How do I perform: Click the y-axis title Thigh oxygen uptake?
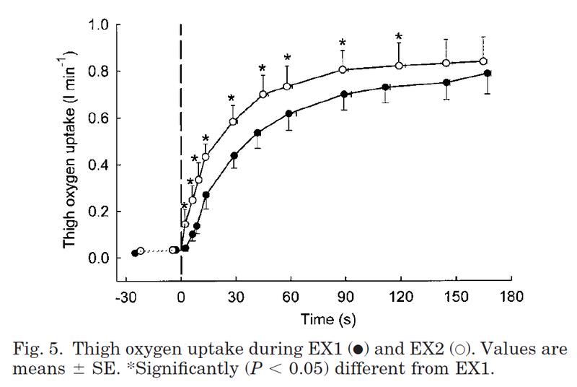(x=69, y=153)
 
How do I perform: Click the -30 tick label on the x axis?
(x=126, y=297)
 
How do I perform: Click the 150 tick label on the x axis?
(x=456, y=297)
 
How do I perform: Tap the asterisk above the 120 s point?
(x=398, y=38)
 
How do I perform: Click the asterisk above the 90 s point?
(x=343, y=43)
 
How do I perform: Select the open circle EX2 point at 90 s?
(x=343, y=70)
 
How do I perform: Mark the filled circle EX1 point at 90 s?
(x=344, y=95)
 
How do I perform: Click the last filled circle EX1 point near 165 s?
(x=488, y=73)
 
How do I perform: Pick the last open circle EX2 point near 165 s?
(x=483, y=61)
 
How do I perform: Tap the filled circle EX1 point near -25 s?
(x=135, y=253)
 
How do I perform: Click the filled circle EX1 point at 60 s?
(x=288, y=113)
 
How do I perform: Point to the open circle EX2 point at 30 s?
(x=233, y=121)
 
